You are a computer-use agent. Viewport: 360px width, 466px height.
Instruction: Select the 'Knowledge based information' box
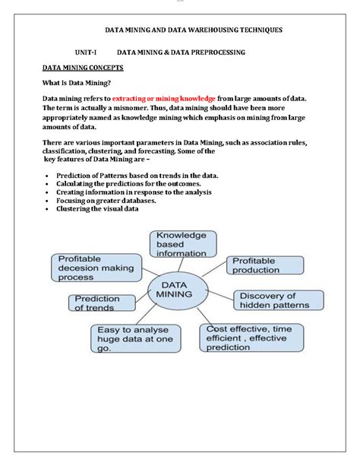(x=182, y=245)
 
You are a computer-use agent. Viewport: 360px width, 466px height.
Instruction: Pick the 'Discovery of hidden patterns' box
(x=274, y=300)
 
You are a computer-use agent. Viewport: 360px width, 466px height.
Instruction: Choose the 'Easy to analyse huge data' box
(x=137, y=338)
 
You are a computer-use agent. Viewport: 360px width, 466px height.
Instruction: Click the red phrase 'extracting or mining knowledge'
(x=163, y=99)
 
